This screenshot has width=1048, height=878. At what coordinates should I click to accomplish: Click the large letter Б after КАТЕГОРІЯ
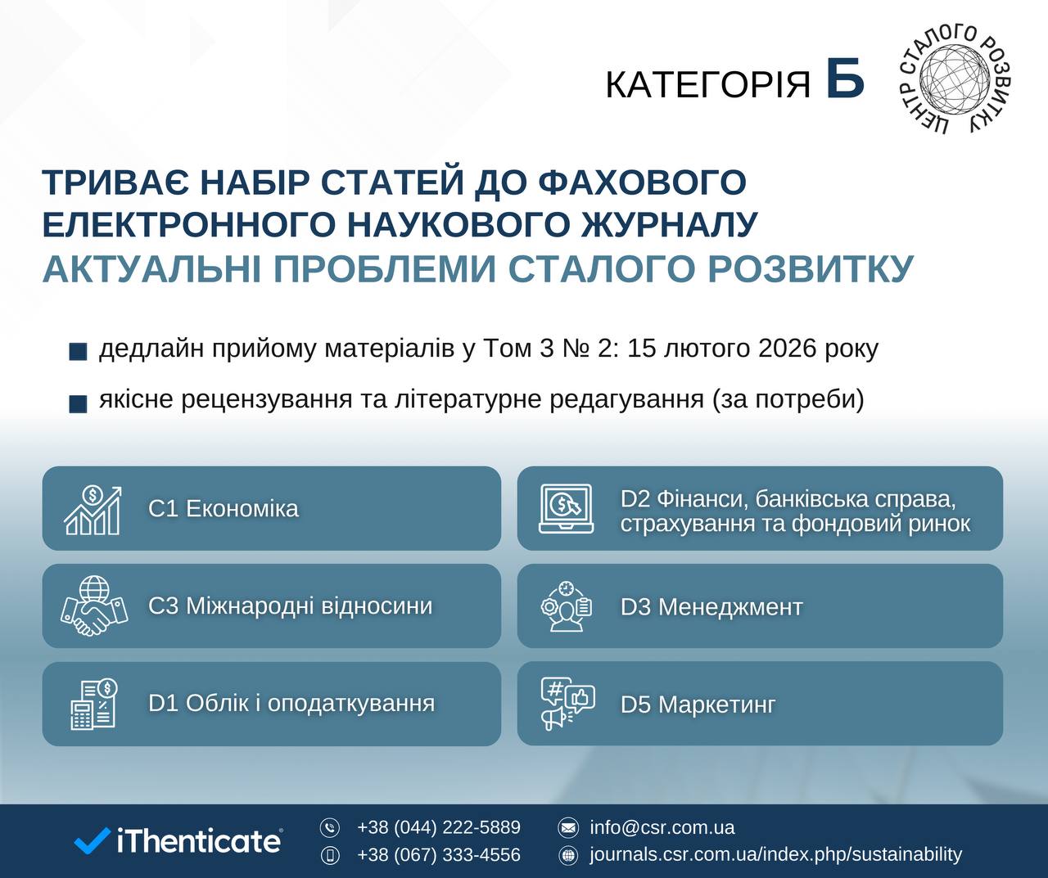[846, 79]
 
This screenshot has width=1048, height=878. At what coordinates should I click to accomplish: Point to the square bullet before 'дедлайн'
[78, 352]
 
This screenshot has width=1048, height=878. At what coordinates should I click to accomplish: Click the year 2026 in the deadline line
[788, 349]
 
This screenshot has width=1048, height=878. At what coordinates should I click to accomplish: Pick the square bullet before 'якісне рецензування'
[78, 403]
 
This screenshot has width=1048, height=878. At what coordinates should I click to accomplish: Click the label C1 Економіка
[224, 509]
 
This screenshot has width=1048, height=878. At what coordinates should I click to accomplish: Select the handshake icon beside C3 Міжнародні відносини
[94, 606]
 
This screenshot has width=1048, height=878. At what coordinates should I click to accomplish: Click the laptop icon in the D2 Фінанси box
[566, 508]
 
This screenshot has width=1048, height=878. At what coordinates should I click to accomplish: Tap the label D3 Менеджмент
[711, 607]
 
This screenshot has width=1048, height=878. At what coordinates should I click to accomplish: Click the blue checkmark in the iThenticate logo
[92, 841]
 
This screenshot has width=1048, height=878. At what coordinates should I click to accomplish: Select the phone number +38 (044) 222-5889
[439, 827]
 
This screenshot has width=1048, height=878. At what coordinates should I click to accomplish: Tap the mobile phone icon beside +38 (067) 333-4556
[330, 855]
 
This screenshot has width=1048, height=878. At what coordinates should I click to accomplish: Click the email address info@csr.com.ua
[662, 827]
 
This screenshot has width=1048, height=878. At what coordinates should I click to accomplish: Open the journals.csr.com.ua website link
[776, 854]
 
